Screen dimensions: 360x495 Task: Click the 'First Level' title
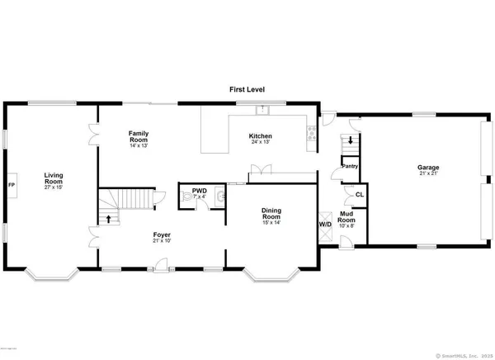point(247,88)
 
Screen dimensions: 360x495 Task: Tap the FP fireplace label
point(11,184)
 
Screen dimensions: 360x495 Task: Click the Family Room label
point(138,135)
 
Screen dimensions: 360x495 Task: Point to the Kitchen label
point(262,136)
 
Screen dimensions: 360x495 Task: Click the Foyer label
point(162,235)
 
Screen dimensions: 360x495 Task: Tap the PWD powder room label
point(199,192)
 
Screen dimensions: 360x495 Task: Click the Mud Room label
point(347,219)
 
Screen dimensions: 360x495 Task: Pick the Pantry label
point(349,166)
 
